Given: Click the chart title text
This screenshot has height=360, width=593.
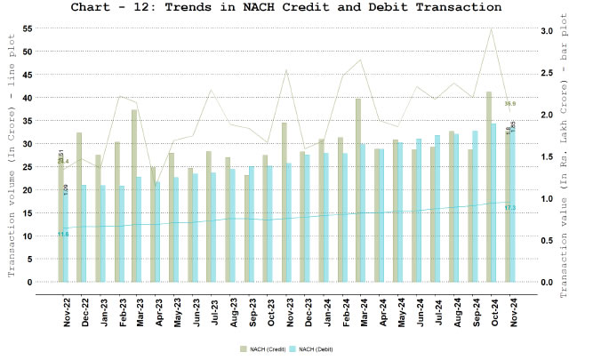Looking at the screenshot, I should coord(296,8).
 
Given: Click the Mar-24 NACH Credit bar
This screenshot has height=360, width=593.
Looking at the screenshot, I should coord(358,190).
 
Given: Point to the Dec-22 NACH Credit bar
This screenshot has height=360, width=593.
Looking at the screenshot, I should coord(79,207).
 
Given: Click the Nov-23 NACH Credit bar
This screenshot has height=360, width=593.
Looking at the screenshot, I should coord(284,202).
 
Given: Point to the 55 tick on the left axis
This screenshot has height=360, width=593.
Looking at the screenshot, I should coord(28,28).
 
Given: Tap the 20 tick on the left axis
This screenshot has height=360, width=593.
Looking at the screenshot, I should coord(28,190).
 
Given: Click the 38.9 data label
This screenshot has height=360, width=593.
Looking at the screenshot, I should coord(510,104).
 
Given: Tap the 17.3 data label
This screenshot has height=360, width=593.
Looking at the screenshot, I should coord(509,208).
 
